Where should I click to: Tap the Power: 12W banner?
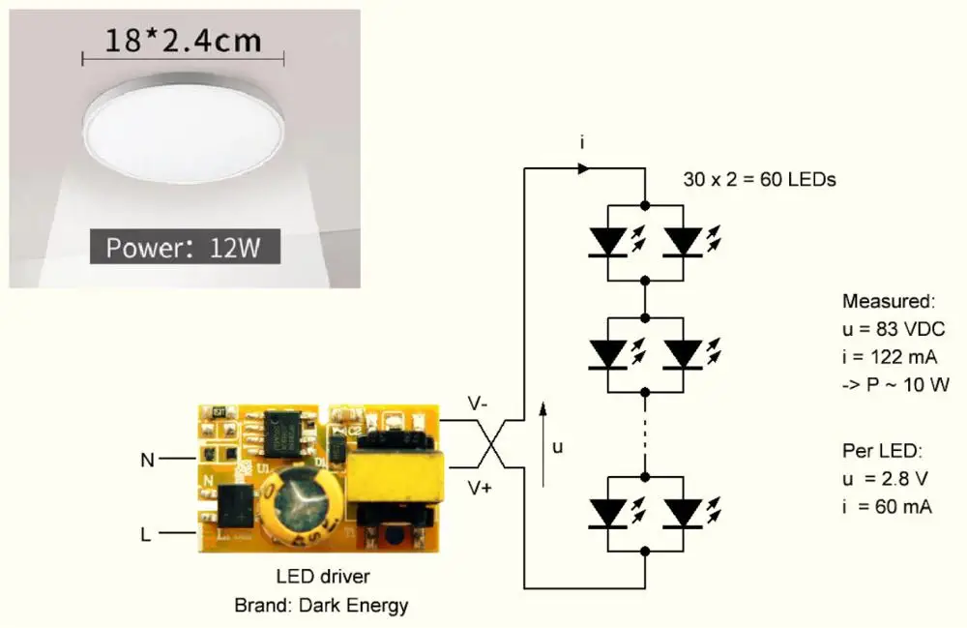tap(184, 248)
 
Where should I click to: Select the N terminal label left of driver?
tap(147, 461)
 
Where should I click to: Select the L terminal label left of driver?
tap(146, 533)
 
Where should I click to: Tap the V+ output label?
tap(480, 489)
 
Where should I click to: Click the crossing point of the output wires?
tap(492, 445)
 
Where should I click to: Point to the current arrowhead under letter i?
tap(583, 168)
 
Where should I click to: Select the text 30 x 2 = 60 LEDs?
tap(758, 179)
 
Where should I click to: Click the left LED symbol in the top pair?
tap(608, 242)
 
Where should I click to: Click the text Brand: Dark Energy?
tap(322, 606)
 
